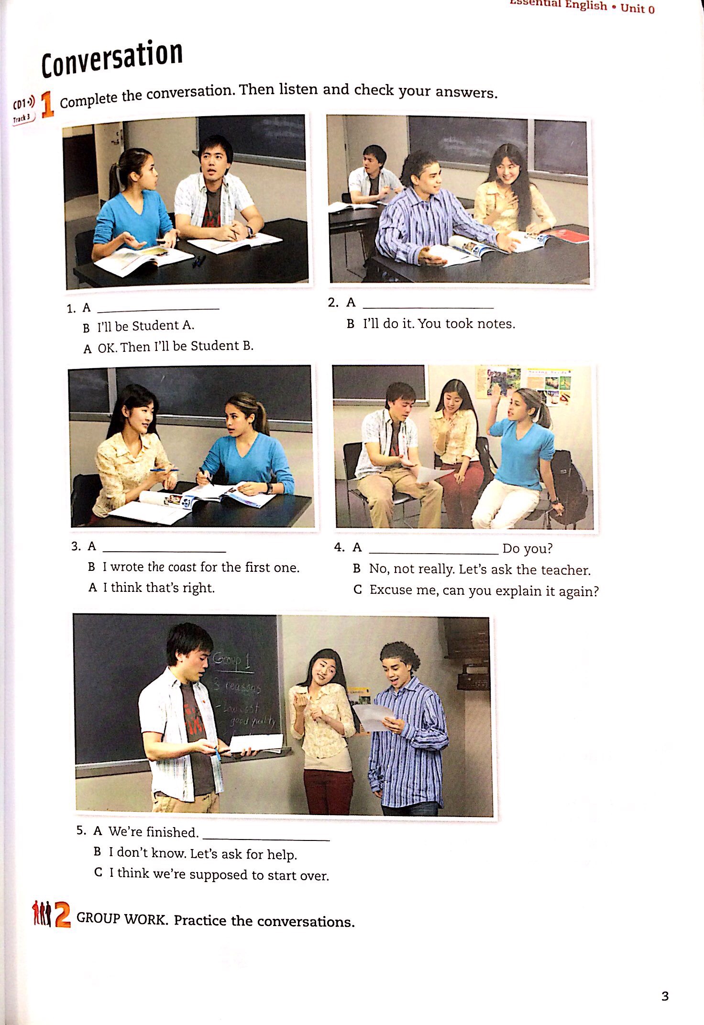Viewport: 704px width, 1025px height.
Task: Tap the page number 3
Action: pos(665,996)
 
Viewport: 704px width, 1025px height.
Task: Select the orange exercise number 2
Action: pos(63,914)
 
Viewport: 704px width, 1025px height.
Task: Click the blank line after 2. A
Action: pos(428,306)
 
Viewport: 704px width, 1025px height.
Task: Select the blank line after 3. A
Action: pos(164,550)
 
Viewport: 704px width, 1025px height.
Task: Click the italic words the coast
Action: pos(172,567)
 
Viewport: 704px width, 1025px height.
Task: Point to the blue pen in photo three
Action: pos(164,470)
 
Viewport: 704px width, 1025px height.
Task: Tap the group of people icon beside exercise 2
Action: pos(41,913)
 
